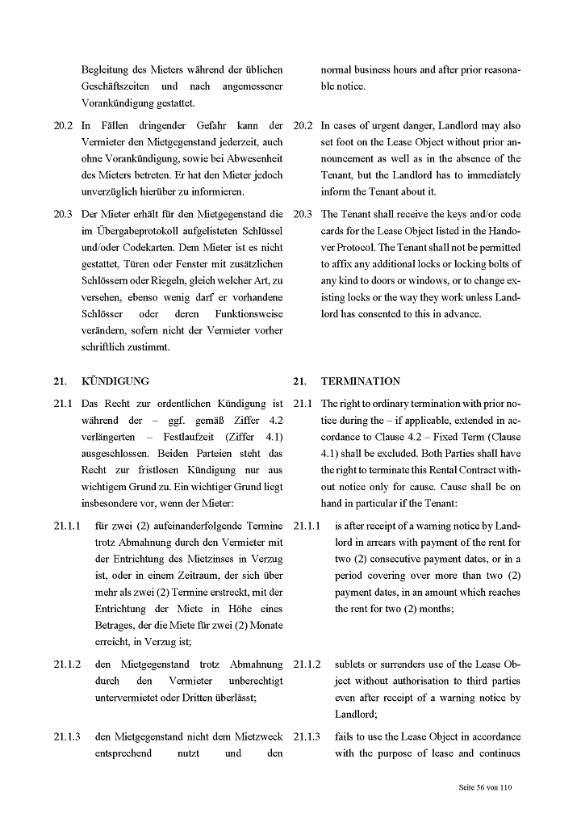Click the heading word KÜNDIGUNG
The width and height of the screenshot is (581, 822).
pyautogui.click(x=115, y=381)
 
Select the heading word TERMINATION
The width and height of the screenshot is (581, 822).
pyautogui.click(x=361, y=381)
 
